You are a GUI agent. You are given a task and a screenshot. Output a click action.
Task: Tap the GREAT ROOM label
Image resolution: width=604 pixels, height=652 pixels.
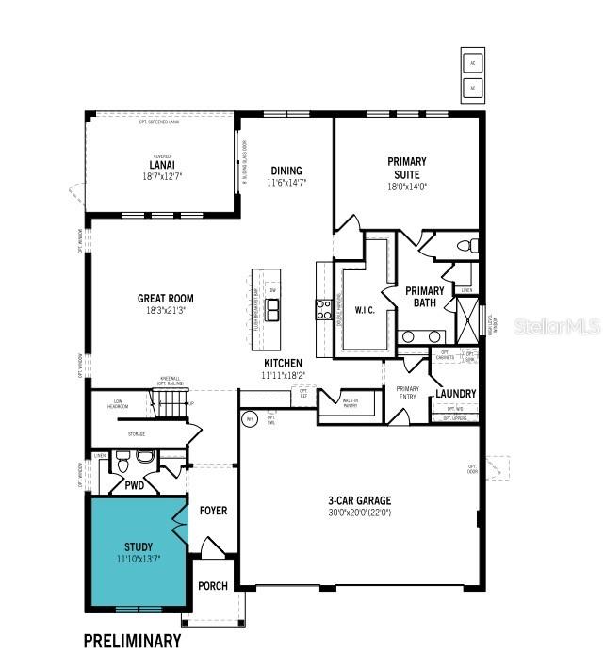[166, 299]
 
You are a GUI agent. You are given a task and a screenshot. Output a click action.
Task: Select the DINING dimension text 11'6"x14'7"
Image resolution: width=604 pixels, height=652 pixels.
[286, 183]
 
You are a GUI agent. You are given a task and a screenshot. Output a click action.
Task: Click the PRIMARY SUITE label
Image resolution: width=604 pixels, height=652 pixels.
[407, 167]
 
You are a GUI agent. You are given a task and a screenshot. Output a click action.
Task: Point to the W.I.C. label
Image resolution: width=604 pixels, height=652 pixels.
[364, 310]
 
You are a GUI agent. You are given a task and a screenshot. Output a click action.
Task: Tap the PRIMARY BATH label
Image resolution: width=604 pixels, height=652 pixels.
[425, 297]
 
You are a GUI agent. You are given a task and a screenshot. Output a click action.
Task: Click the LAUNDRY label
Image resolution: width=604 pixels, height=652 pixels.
[455, 394]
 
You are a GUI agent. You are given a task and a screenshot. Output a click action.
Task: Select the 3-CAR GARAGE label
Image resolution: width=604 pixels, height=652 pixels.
[359, 500]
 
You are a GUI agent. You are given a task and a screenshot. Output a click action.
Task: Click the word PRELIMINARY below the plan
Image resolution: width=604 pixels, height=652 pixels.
[132, 640]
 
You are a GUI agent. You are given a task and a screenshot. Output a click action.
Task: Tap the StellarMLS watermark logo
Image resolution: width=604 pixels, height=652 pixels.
[557, 327]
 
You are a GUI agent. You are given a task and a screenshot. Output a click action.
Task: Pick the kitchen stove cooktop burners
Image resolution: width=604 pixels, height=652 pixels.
[323, 308]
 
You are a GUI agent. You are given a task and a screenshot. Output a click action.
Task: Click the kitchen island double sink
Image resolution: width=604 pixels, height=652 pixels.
[272, 309]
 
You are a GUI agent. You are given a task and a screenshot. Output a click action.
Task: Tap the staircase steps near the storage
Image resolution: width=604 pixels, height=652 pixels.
[172, 406]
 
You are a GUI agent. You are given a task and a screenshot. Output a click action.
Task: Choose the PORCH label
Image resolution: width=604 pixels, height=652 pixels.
[213, 586]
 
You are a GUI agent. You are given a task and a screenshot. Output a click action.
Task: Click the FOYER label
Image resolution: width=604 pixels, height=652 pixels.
[213, 511]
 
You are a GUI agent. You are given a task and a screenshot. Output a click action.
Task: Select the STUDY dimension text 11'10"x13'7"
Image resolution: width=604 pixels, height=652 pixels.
[138, 559]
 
